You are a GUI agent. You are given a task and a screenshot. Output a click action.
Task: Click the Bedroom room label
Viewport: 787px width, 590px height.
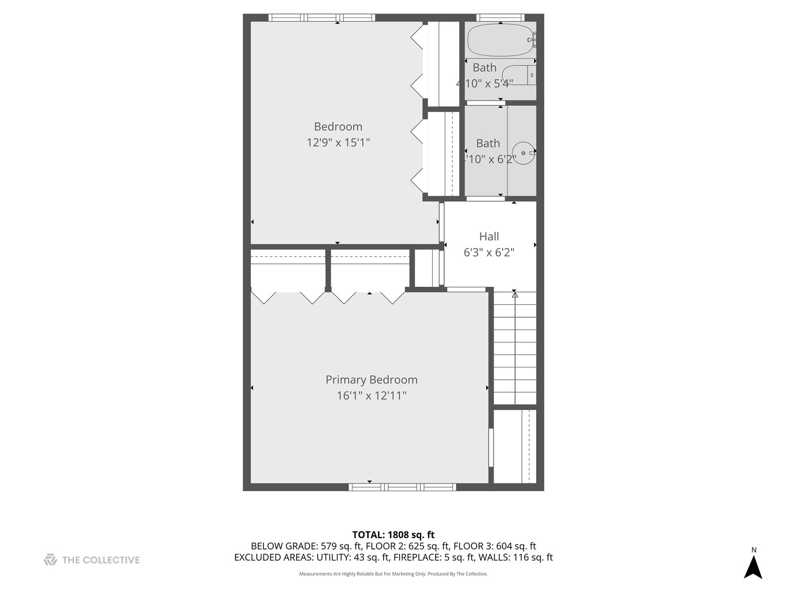coord(338,127)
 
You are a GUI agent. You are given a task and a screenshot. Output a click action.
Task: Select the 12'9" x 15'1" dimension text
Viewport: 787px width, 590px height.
coord(338,143)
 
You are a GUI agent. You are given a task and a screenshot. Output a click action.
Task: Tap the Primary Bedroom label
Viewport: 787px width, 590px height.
coord(371,380)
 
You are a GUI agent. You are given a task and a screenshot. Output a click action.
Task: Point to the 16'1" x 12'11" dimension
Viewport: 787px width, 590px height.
coord(371,396)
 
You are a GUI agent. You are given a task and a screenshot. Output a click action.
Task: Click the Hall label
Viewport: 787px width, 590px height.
coord(489,237)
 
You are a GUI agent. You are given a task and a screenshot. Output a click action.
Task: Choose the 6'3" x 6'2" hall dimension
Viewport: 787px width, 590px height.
coord(489,252)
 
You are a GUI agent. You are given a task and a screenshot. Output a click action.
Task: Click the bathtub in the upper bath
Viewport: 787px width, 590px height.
coord(500,40)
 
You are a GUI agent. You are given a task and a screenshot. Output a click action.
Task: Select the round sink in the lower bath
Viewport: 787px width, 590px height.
coord(524,153)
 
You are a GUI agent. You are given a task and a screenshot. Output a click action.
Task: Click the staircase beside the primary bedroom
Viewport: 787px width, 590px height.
coord(515,350)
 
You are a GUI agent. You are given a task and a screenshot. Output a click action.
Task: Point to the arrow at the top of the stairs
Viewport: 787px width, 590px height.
coord(514,295)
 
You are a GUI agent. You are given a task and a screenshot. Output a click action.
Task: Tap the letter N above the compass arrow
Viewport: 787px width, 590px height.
coord(754,550)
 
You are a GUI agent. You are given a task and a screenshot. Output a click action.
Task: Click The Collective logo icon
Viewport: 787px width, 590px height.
coord(50,560)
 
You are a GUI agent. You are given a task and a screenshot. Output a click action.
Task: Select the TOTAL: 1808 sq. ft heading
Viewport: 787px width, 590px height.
coord(393,535)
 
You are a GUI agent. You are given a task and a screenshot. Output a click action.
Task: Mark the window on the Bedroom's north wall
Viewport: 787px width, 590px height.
coord(321,17)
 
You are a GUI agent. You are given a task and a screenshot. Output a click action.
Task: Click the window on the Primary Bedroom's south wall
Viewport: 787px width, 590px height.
coord(402,487)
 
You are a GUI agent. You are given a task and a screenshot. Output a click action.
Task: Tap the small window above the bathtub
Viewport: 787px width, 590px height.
coord(500,17)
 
